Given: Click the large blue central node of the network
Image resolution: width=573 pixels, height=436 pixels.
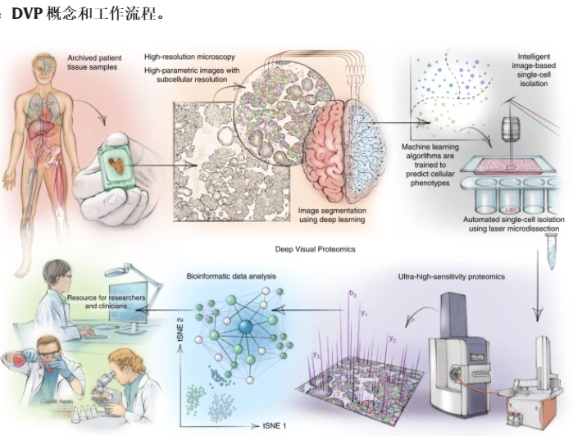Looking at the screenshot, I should tap(246, 327).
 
